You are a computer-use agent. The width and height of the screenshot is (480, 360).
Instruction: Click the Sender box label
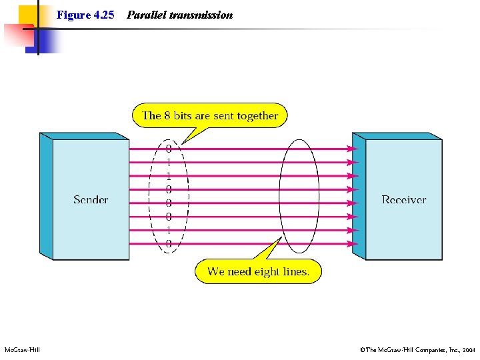click(91, 199)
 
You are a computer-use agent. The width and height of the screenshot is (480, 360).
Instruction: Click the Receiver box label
click(403, 199)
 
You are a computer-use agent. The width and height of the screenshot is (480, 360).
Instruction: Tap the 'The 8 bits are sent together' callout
click(209, 115)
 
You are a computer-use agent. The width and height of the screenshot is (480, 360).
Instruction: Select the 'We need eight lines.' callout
click(257, 271)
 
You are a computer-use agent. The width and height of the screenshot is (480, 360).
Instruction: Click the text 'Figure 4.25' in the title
click(85, 15)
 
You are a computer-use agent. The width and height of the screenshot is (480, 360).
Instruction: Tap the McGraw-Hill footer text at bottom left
click(23, 349)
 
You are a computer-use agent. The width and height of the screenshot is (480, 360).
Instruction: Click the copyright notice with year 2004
click(417, 349)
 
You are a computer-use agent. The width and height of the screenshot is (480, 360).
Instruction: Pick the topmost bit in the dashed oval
click(169, 149)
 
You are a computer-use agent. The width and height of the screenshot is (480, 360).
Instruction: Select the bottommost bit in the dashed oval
click(169, 244)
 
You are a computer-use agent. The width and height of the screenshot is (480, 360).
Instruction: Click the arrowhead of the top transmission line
click(353, 149)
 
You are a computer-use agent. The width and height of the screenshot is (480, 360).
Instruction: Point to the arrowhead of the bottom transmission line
click(353, 244)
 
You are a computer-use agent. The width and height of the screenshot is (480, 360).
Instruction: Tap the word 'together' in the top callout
click(257, 115)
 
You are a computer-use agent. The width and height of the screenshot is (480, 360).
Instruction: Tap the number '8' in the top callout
click(168, 115)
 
